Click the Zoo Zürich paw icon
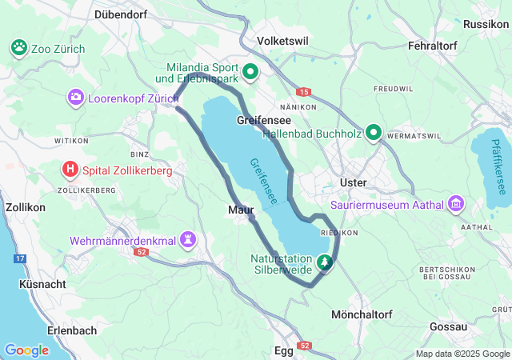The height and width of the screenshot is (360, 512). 19,49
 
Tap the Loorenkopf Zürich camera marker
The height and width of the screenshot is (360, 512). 76,97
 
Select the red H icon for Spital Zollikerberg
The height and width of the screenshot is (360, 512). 71,169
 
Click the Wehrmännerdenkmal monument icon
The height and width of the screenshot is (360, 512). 189,240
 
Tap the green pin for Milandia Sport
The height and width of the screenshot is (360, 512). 250,72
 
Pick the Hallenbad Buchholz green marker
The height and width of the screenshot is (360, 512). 374,133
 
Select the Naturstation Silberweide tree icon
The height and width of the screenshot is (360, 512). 325,261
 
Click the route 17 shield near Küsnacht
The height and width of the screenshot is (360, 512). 20,258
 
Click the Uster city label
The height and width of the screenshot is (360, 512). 353,182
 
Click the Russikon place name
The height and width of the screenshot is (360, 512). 485,25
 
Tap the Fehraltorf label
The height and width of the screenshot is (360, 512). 431,46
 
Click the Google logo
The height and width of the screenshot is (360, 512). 26,350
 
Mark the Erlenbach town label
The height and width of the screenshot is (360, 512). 72,330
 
